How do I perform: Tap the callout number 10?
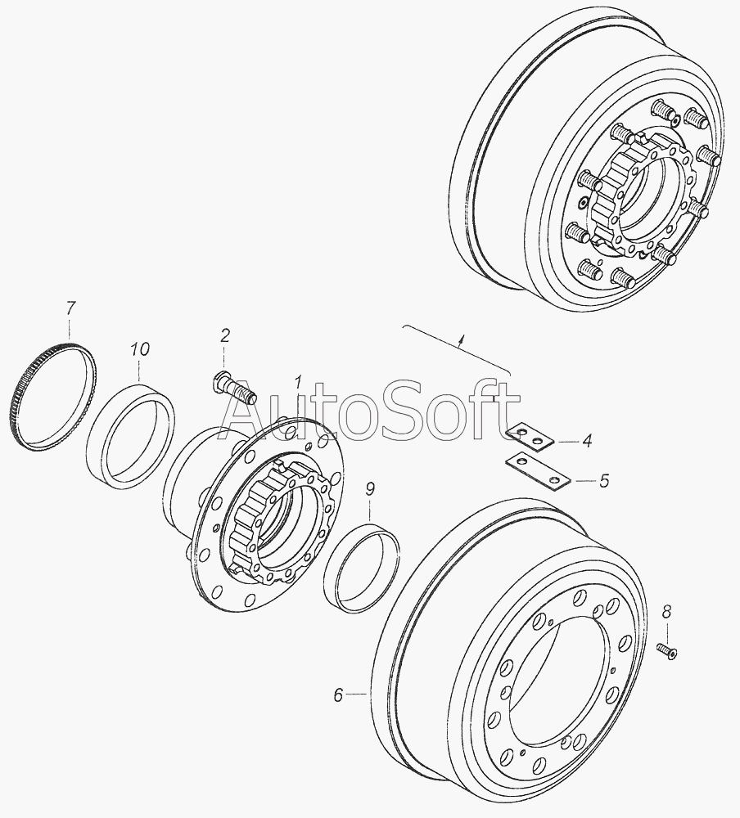(139, 349)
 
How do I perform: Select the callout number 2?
(224, 335)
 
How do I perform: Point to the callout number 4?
(587, 441)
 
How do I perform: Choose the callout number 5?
(603, 480)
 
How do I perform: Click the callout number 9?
(370, 489)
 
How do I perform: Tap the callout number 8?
(667, 612)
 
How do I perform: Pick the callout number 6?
(338, 694)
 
